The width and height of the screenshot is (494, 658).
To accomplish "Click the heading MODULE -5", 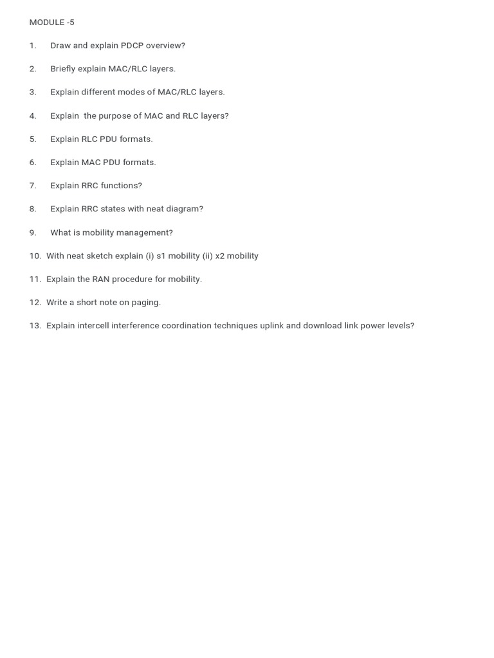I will pyautogui.click(x=51, y=22).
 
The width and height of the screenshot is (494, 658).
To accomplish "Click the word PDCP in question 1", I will pyautogui.click(x=132, y=46).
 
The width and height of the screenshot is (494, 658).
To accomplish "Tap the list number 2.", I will pyautogui.click(x=33, y=69).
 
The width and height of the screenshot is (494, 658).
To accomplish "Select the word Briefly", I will pyautogui.click(x=62, y=69).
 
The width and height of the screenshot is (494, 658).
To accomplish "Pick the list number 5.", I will pyautogui.click(x=33, y=139).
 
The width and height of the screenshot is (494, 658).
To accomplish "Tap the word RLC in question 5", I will pyautogui.click(x=89, y=139).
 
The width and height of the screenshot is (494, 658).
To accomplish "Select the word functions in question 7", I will pyautogui.click(x=120, y=186).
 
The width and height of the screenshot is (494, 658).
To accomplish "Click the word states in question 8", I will pyautogui.click(x=113, y=209).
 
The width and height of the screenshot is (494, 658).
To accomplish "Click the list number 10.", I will pyautogui.click(x=35, y=256).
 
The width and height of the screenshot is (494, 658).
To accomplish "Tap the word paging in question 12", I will pyautogui.click(x=147, y=303).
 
